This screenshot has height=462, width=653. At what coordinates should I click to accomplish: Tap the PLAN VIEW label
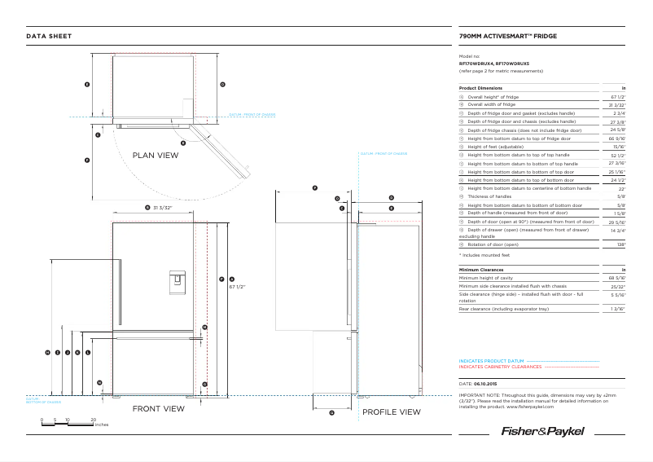[x=156, y=155]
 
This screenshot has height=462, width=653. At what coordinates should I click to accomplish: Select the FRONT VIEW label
[x=158, y=409]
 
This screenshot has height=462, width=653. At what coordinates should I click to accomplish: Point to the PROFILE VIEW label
[x=392, y=412]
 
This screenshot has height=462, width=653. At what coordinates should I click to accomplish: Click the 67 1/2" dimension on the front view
[x=237, y=287]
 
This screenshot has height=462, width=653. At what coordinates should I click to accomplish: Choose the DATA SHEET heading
[x=49, y=36]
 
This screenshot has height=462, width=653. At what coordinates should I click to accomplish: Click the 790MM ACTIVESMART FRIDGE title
[x=508, y=36]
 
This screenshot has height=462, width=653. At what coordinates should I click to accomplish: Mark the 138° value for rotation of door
[x=620, y=244]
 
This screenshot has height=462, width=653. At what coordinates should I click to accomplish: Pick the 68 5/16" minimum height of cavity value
[x=617, y=278]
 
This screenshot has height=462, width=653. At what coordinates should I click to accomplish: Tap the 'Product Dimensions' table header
[x=480, y=87]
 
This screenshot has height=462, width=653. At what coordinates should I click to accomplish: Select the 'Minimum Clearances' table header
[x=481, y=269]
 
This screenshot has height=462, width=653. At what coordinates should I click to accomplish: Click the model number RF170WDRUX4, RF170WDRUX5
[x=494, y=63]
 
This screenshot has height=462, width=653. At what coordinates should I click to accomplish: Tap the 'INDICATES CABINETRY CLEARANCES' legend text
[x=500, y=367]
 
